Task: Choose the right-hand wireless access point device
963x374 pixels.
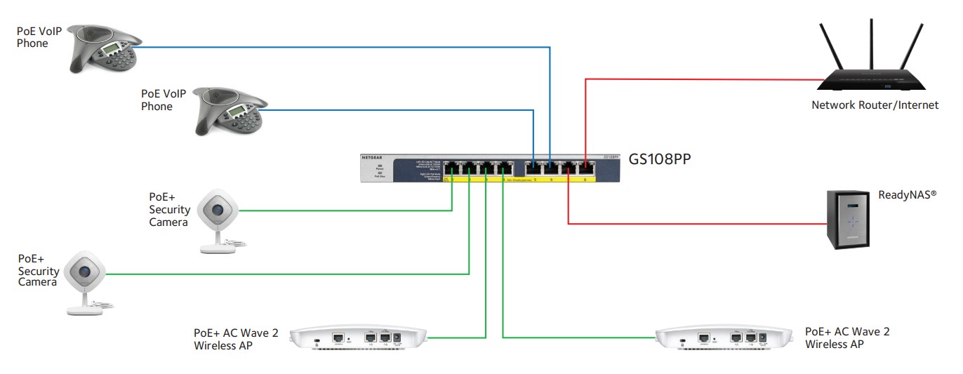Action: tap(724, 338)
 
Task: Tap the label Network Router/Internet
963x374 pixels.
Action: tap(875, 105)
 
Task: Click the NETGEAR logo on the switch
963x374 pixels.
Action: tap(373, 158)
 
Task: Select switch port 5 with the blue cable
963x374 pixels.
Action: tap(533, 169)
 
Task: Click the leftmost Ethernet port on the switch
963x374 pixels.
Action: tap(451, 169)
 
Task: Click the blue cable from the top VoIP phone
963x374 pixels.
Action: tap(351, 47)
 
